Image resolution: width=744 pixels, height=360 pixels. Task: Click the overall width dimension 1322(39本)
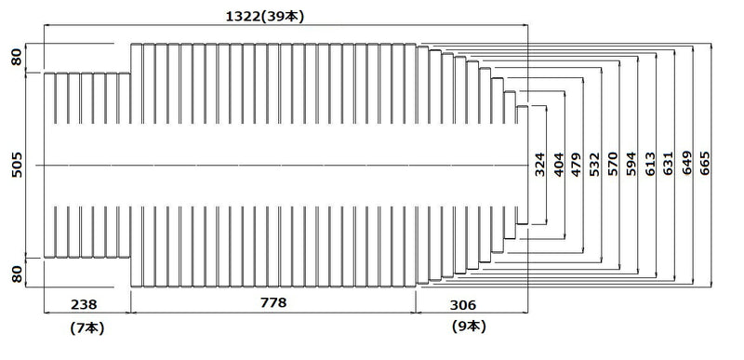coord(264,16)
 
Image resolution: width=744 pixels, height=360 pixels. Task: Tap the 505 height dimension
coord(17,165)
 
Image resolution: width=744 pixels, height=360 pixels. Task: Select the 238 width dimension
coord(84,304)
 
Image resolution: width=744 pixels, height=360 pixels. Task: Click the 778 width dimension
coord(273,302)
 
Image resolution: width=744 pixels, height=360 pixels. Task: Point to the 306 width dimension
coord(462,305)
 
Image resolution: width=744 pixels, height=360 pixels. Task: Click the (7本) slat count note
coord(86,328)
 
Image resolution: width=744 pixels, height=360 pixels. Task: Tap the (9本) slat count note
coord(470,327)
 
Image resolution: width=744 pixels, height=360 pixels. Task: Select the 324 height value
coord(540,165)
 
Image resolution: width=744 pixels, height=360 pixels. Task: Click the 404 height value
coord(559,165)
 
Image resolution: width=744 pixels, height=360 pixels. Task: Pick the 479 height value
coord(576,165)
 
